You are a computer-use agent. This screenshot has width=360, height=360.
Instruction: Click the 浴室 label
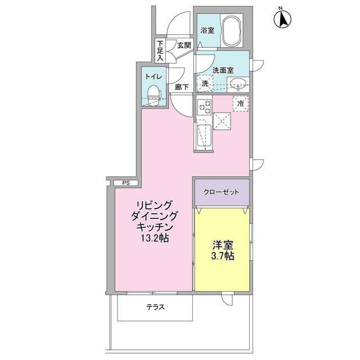coord(206,30)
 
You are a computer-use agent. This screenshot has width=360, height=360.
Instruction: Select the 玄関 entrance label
coord(184,45)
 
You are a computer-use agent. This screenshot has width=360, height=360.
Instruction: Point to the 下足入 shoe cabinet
coord(160,51)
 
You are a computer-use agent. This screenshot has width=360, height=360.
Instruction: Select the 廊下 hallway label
coord(181,87)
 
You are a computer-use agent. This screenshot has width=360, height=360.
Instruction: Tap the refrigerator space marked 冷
coord(240,103)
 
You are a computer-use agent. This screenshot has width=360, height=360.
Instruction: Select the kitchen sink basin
coord(203,136)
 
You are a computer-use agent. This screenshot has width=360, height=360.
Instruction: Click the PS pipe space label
coord(125,183)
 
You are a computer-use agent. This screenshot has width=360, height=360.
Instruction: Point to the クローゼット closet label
coord(221,191)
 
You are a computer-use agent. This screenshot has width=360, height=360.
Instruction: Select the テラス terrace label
coord(155,308)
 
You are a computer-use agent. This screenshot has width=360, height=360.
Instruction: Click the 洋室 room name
coord(222,245)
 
